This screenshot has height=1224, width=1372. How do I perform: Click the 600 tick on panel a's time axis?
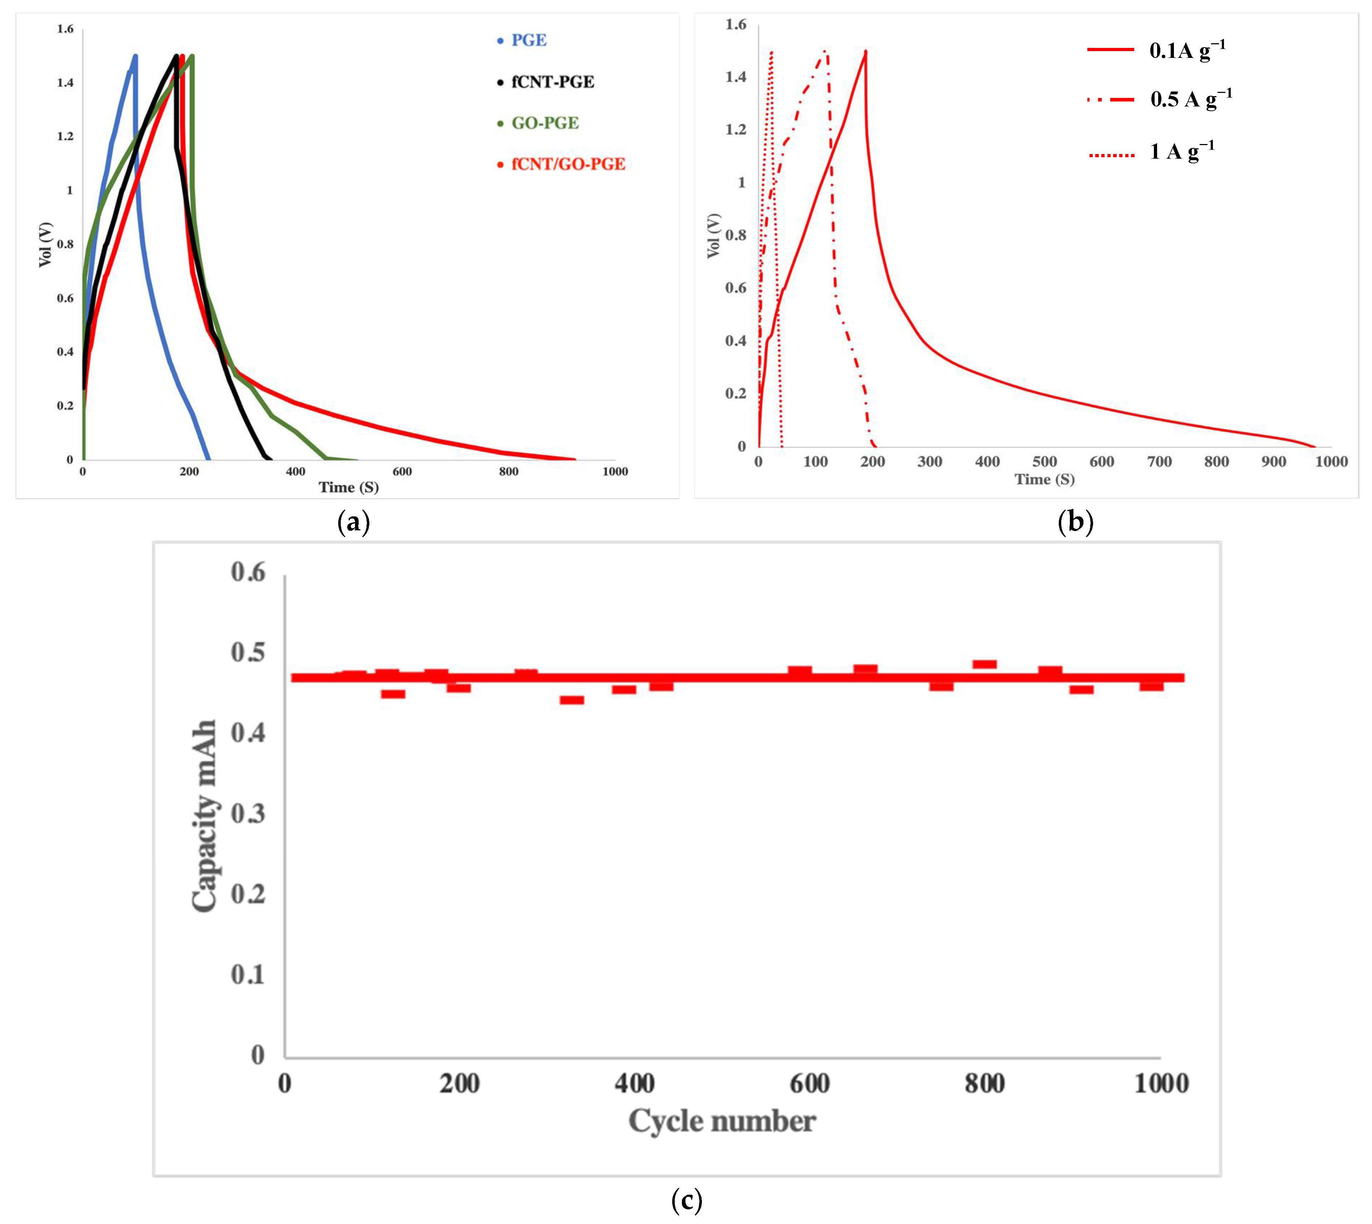click(x=402, y=471)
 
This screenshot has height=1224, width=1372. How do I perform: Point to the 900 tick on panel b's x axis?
click(x=1274, y=461)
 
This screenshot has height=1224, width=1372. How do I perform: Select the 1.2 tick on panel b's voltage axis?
click(x=736, y=129)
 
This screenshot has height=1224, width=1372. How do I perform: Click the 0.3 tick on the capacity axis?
click(x=248, y=814)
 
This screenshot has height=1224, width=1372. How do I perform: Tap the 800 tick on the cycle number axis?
click(x=984, y=1084)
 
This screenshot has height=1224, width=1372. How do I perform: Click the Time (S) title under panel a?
click(x=349, y=487)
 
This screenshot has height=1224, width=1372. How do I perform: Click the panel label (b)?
click(x=1075, y=522)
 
